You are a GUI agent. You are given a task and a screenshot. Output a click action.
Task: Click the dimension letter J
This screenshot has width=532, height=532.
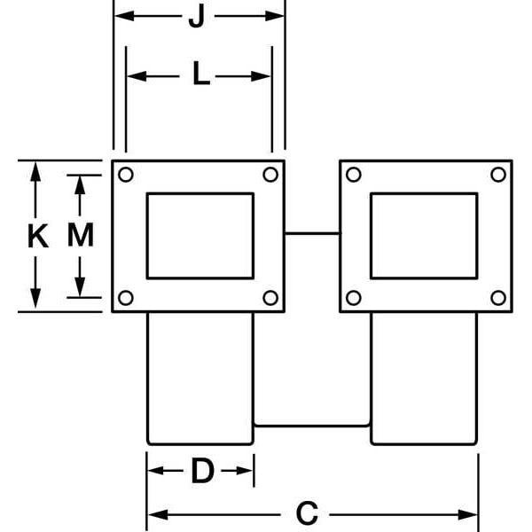[197, 16]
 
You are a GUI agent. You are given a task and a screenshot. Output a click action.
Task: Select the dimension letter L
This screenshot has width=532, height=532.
[201, 73]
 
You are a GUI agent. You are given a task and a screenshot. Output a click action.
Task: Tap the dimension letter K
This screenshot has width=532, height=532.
[37, 236]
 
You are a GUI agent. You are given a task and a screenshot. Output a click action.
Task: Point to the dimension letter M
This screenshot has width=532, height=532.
[81, 235]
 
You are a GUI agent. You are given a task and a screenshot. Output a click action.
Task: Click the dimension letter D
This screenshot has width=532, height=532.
[202, 471]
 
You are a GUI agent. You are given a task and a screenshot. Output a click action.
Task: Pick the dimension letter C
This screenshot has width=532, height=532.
[307, 513]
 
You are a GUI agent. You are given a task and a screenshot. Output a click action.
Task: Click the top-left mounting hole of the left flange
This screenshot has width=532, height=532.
[126, 175]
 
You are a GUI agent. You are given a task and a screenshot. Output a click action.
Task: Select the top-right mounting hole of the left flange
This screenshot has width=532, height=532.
[270, 175]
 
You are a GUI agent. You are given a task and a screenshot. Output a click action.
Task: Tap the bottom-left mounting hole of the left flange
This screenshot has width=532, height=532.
[126, 298]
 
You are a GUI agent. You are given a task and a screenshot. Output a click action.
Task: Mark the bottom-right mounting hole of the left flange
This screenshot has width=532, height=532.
[270, 298]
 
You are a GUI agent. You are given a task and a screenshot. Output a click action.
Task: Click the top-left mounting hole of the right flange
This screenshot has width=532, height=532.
[354, 175]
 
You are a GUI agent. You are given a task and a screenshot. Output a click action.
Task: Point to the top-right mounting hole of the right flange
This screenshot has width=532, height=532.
[498, 175]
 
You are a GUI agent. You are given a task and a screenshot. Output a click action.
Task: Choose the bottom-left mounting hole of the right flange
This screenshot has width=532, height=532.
[354, 298]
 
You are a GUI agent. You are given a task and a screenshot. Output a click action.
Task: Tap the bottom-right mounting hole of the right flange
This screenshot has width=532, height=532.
[498, 298]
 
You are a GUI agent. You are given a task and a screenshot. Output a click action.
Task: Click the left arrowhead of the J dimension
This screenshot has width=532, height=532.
[124, 16]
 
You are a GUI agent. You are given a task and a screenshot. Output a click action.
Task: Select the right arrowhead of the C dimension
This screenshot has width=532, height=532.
[468, 514]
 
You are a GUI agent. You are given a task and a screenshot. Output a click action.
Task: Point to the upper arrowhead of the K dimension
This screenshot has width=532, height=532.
[35, 172]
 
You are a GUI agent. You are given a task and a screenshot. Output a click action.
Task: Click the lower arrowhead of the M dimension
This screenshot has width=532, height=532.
[80, 287]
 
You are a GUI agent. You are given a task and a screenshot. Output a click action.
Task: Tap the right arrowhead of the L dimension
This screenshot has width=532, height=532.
[261, 76]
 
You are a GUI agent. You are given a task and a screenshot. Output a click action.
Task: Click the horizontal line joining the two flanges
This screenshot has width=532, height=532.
[312, 233]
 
